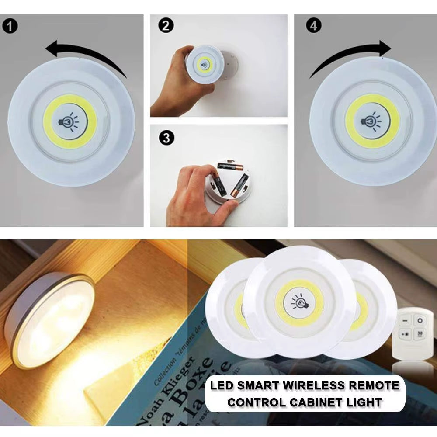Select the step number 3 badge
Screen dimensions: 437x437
point(166,138)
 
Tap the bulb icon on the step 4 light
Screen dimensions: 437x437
point(371,121)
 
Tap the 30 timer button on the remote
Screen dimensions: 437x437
point(420,334)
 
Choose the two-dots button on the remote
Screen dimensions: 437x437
point(404,334)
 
